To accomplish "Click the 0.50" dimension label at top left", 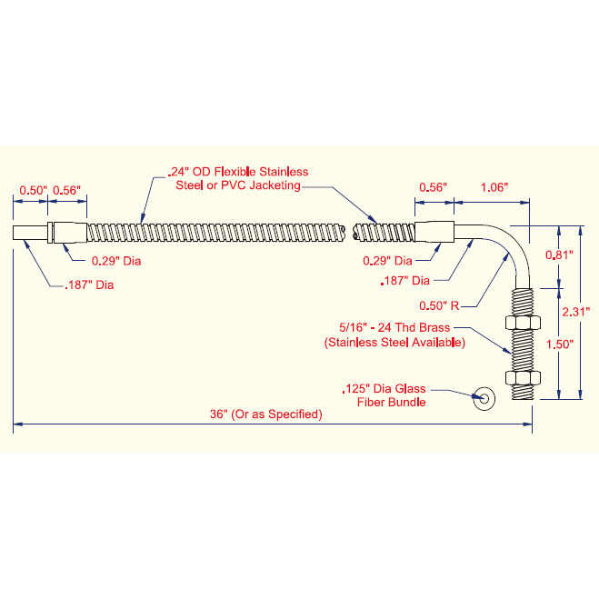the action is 34,190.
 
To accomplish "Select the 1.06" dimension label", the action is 494,187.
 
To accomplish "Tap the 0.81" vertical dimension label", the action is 559,255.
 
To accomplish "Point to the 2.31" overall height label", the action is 576,312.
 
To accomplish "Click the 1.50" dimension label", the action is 560,344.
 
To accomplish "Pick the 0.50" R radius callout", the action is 439,305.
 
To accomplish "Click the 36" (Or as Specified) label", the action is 266,414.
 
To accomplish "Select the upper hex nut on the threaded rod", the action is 523,323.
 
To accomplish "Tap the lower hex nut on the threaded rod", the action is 523,378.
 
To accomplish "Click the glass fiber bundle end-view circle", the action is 484,398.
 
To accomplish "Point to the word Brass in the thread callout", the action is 434,327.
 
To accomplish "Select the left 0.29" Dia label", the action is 116,261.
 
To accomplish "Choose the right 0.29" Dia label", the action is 387,261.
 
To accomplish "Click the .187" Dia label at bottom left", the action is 89,285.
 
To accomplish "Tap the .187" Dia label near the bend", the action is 404,281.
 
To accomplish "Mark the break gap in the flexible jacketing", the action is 349,233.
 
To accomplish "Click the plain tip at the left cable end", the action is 30,233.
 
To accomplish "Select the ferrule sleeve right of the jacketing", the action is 434,232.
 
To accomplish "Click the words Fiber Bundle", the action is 391,403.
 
